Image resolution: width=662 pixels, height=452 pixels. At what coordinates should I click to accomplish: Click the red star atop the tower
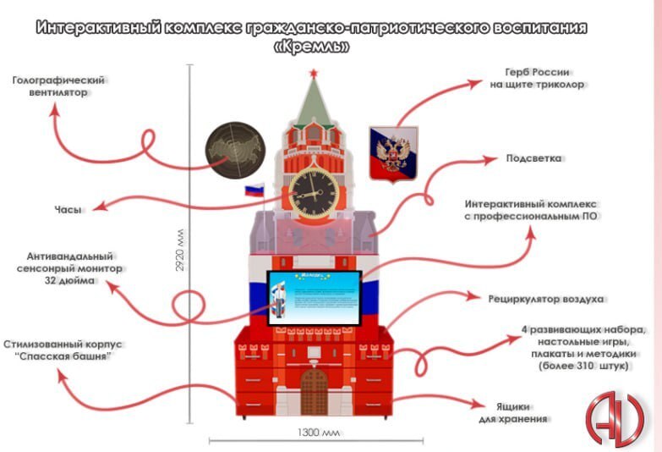[314, 75]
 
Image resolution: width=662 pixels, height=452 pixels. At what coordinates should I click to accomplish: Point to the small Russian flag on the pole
[254, 190]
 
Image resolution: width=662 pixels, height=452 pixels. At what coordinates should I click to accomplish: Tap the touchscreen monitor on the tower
[315, 299]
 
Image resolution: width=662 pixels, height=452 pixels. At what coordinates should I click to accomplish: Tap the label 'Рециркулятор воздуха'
[545, 298]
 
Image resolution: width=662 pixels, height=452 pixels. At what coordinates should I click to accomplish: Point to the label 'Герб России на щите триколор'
[538, 79]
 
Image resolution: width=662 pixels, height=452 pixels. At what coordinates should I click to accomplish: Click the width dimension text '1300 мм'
[318, 433]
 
